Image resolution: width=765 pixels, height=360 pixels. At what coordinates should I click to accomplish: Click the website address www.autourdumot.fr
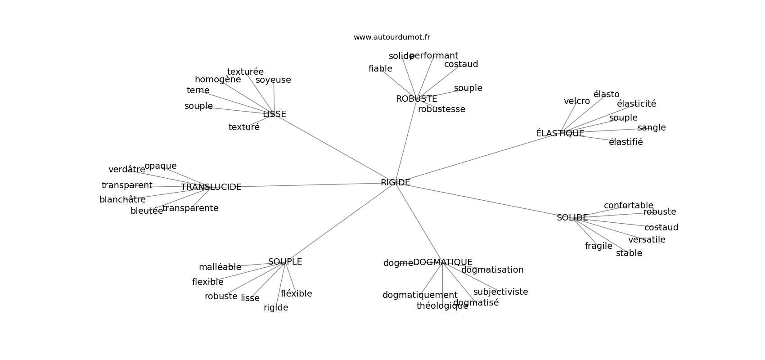[x=391, y=37]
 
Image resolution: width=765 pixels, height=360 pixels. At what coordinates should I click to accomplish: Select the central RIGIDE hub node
[x=395, y=183]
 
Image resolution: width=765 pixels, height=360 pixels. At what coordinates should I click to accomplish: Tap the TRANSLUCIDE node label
[x=211, y=187]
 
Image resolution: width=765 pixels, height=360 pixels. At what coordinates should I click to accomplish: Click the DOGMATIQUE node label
[x=442, y=262]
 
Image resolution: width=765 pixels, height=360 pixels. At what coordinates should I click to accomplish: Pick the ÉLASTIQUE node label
[x=560, y=134]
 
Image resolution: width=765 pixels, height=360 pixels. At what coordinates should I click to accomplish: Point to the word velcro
[x=576, y=101]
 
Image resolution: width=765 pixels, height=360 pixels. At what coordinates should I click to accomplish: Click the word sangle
[x=651, y=128]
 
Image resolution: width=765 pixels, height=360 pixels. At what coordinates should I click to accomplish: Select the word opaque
[x=160, y=166]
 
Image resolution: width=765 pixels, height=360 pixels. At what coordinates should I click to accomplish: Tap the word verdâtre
[x=126, y=170]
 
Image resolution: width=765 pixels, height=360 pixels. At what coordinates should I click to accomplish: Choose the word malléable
[x=220, y=267]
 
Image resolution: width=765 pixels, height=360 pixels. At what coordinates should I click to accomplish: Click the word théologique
[x=442, y=306]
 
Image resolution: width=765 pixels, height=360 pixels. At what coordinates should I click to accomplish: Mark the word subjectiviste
[x=500, y=292]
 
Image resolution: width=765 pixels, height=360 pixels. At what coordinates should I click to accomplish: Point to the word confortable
[x=628, y=206]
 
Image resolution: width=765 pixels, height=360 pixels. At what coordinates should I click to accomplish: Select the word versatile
[x=647, y=240]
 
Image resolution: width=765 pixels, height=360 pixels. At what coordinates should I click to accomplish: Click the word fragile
[x=598, y=246]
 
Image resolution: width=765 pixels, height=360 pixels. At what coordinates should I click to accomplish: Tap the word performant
[x=434, y=56]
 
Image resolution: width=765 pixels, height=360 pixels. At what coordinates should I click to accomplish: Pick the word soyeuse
[x=273, y=80]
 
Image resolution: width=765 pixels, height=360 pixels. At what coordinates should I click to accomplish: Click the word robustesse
[x=441, y=109]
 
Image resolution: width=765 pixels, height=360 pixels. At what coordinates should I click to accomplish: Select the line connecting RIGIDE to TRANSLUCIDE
[x=310, y=185]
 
